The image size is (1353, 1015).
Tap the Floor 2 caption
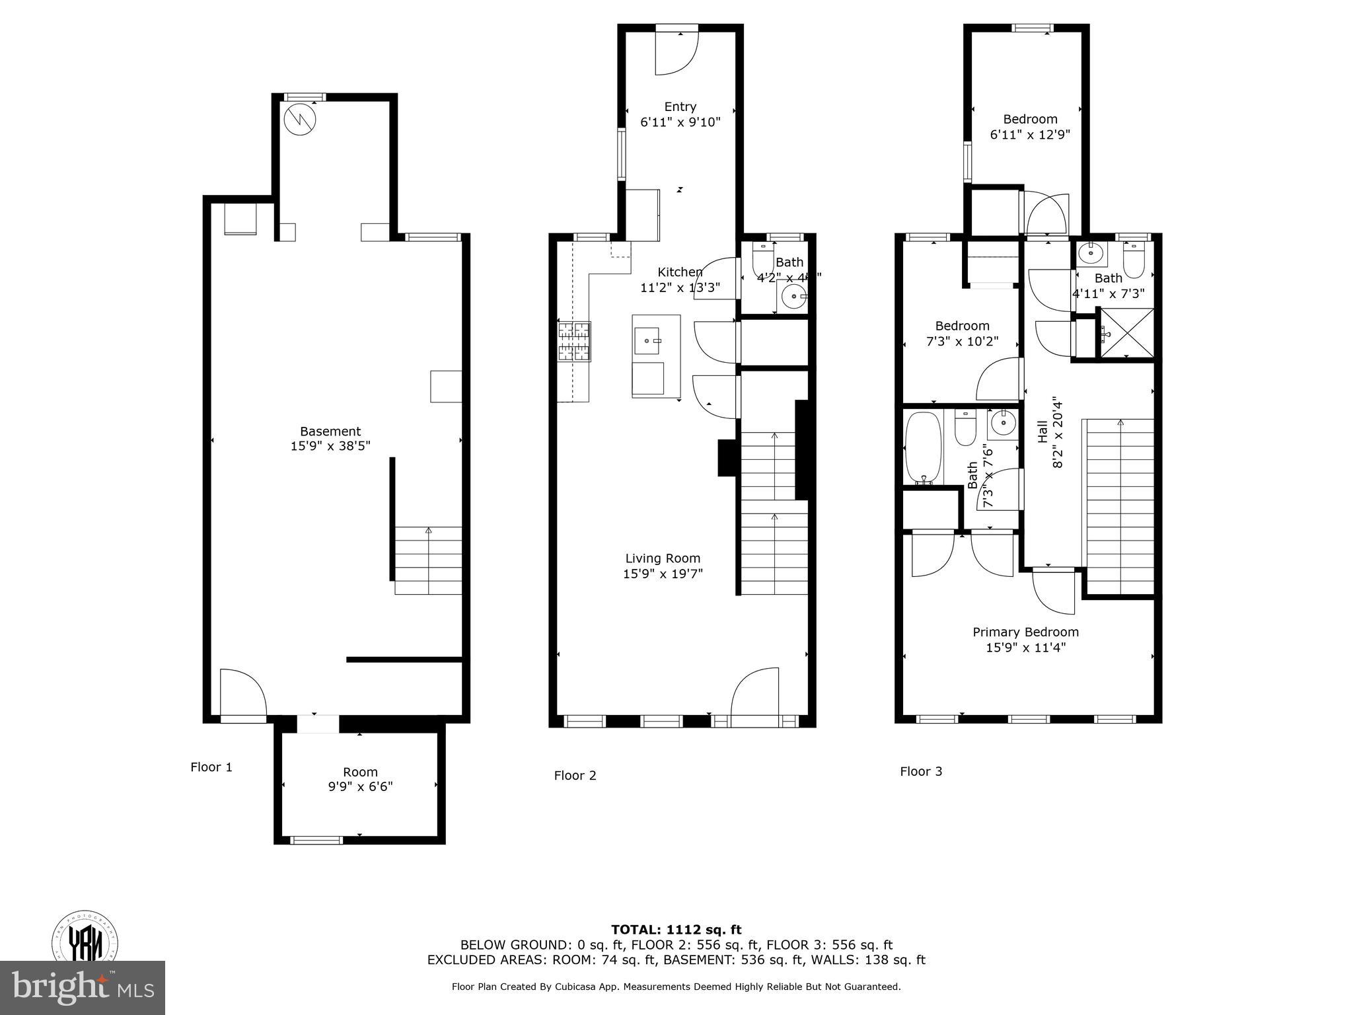pos(575,775)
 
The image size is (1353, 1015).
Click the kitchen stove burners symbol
pos(574,342)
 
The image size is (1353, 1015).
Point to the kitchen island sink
pos(647,341)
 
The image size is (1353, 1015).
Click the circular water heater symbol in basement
pos(300,120)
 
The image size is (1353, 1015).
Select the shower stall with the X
pos(1126,334)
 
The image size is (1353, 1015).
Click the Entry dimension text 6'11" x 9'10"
pos(680,122)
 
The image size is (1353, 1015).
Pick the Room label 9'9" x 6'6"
pos(360,779)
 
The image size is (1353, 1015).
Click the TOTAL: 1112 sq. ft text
pos(676,930)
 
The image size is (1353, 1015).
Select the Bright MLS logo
pos(83,987)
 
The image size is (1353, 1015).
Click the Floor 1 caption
pos(211,767)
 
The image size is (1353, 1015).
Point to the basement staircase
pos(428,560)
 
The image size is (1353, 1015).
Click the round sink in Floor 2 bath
pos(792,297)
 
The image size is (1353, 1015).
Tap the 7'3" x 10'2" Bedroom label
pos(962,334)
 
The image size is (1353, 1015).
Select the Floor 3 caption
pos(920,771)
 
